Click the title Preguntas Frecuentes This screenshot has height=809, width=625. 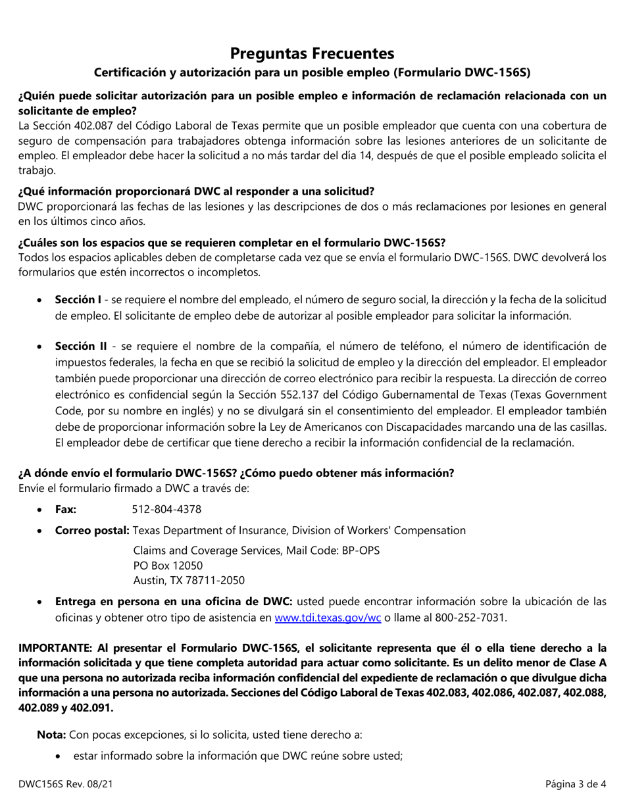[312, 53]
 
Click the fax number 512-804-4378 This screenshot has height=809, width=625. [166, 509]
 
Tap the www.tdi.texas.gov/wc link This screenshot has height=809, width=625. [327, 617]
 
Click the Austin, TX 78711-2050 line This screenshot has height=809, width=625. [188, 580]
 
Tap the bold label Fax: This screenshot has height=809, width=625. [66, 509]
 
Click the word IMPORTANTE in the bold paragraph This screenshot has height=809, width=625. [55, 648]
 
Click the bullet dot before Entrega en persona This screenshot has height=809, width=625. [41, 602]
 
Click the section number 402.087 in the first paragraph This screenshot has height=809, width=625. [91, 126]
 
